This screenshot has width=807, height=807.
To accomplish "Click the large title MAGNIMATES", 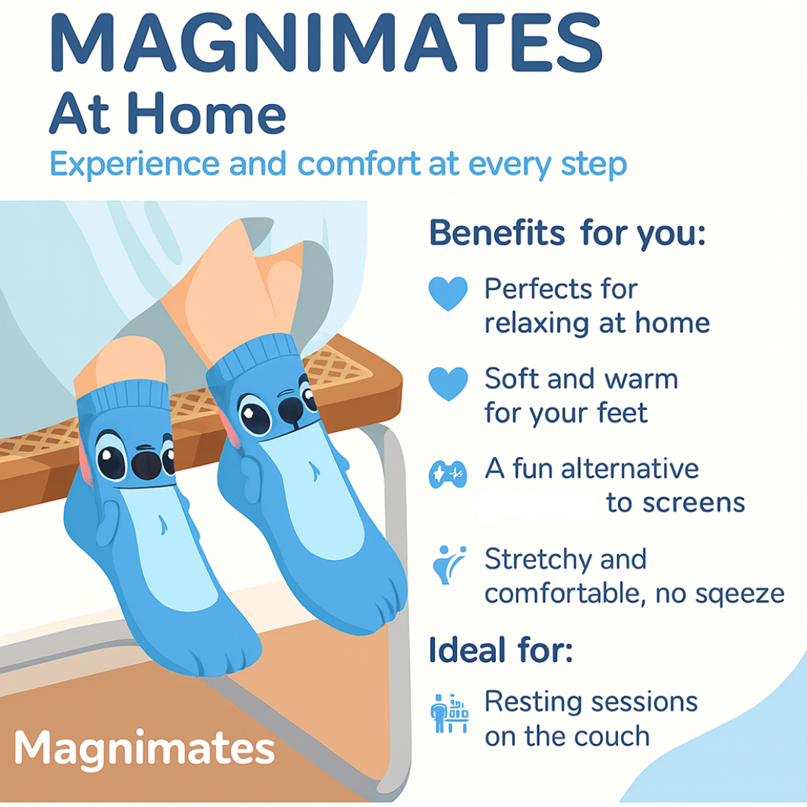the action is pyautogui.click(x=326, y=43).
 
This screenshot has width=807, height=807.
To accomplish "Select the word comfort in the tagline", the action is pyautogui.click(x=359, y=164).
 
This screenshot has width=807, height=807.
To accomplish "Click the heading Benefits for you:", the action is pyautogui.click(x=567, y=234).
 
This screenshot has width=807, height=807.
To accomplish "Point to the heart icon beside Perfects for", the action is pyautogui.click(x=448, y=293).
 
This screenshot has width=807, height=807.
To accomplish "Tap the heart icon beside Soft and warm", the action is pyautogui.click(x=448, y=384).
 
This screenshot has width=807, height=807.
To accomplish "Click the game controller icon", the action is pyautogui.click(x=448, y=474).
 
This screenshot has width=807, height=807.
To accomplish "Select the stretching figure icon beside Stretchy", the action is pyautogui.click(x=449, y=565).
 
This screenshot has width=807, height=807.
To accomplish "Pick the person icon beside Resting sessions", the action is pyautogui.click(x=449, y=713).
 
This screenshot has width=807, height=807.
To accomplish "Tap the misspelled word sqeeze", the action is pyautogui.click(x=740, y=594).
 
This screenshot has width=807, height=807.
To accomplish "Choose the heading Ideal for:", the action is pyautogui.click(x=501, y=650).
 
